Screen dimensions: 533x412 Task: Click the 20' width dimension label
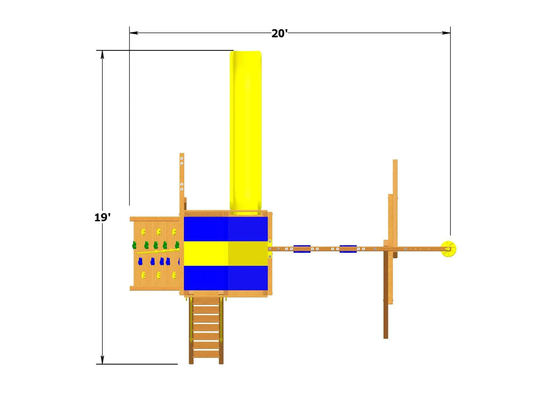pyautogui.click(x=279, y=34)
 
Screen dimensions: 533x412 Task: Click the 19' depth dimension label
pyautogui.click(x=102, y=217)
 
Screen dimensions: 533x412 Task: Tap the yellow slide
pyautogui.click(x=246, y=133)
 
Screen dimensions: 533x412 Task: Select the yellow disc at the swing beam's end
pyautogui.click(x=448, y=249)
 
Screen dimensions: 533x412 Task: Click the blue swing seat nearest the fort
pyautogui.click(x=302, y=249)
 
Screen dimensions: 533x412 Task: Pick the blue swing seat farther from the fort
pyautogui.click(x=348, y=249)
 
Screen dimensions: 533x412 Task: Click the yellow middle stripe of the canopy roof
pyautogui.click(x=226, y=253)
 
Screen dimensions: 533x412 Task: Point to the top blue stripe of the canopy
pyautogui.click(x=226, y=229)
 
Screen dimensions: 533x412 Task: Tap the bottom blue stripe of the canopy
pyautogui.click(x=226, y=278)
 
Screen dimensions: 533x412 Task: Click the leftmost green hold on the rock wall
pyautogui.click(x=134, y=245)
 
